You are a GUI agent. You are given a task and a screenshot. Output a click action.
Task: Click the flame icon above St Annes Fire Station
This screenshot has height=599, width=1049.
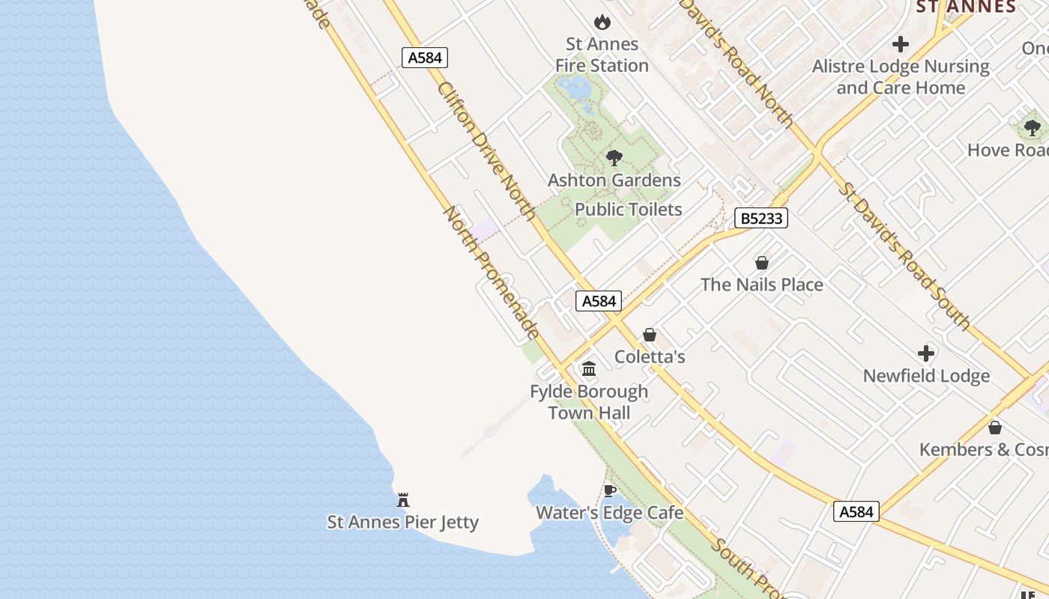click(602, 22)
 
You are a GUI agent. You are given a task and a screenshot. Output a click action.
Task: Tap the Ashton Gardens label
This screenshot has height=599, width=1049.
click(614, 180)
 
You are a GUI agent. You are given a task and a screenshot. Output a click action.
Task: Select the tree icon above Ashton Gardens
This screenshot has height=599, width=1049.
click(614, 158)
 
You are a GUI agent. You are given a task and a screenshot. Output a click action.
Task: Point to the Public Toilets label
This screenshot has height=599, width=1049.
click(628, 210)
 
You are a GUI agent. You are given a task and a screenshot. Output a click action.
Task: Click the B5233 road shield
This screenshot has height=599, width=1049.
click(761, 218)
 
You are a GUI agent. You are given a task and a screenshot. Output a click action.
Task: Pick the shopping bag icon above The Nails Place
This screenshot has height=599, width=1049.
click(762, 263)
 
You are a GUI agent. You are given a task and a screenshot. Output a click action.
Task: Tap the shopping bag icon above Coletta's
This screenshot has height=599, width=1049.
click(650, 335)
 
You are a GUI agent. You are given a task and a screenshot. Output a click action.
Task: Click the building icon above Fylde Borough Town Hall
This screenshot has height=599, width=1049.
click(589, 369)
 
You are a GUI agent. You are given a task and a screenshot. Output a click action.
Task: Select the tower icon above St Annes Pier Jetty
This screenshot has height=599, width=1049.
click(403, 499)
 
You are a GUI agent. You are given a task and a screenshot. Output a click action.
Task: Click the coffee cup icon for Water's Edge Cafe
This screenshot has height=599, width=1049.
click(610, 491)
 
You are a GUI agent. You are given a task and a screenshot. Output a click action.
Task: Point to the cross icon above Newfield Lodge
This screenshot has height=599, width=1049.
click(926, 353)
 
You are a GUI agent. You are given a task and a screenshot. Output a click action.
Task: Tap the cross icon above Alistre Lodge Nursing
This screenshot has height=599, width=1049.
click(901, 44)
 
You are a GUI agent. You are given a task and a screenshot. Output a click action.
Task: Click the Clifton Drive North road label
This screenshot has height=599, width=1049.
click(486, 152)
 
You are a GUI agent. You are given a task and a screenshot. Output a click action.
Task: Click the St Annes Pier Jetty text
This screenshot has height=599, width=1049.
click(403, 522)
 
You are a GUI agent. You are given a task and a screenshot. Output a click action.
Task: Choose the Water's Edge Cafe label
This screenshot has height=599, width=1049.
click(610, 513)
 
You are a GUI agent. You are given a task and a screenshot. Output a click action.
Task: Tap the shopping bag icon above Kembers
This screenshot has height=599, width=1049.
click(995, 428)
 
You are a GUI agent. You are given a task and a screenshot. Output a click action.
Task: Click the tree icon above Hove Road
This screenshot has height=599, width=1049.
click(1033, 128)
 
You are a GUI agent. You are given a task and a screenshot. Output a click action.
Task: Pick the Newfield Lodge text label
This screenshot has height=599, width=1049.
click(926, 376)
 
